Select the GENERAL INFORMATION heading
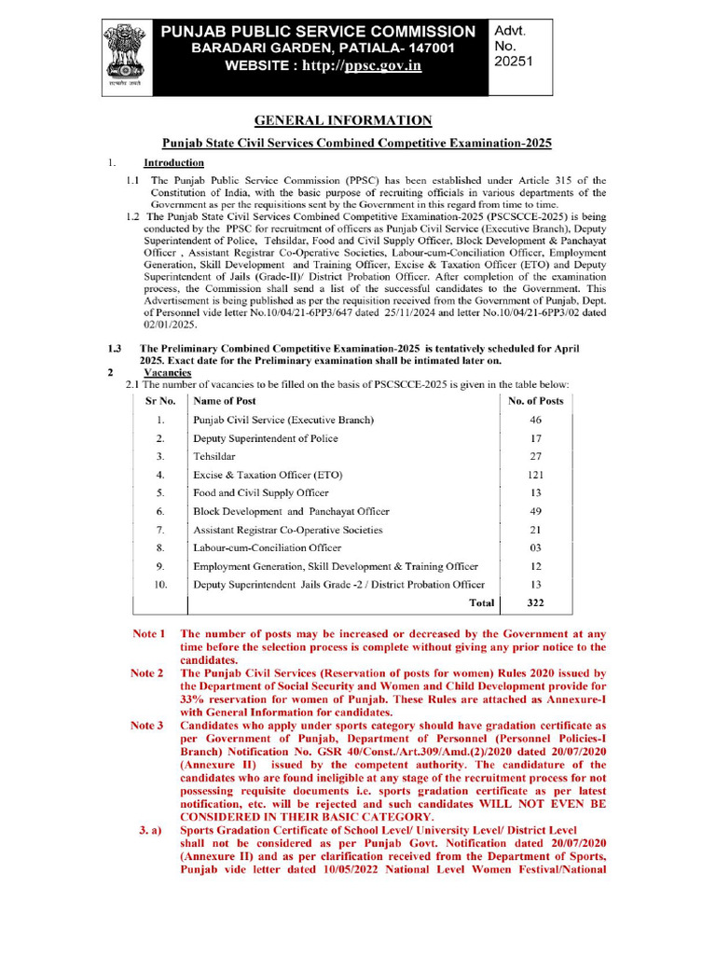point(344,120)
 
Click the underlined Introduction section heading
point(173,162)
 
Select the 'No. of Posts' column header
point(535,401)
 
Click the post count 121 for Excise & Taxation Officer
point(535,475)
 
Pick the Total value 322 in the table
point(535,603)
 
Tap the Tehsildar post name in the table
point(214,456)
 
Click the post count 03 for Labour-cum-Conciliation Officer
point(535,548)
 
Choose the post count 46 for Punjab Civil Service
point(535,420)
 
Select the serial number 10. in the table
point(160,585)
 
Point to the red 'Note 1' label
point(147,634)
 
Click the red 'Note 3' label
point(147,725)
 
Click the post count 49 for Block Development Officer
point(535,511)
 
